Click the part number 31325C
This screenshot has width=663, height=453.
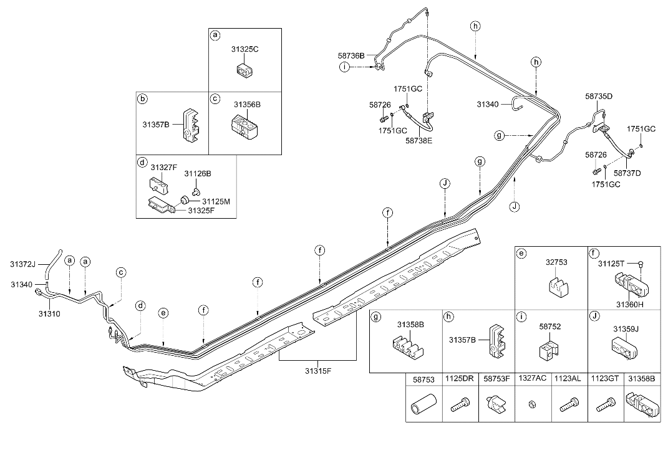pos(244,49)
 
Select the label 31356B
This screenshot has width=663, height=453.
pos(247,104)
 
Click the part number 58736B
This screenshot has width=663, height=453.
pos(352,55)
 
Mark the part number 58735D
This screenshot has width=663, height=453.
pos(599,97)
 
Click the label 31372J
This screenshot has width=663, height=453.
pos(23,264)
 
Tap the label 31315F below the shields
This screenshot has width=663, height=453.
pos(318,371)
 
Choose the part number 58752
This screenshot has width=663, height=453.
pos(551,325)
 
